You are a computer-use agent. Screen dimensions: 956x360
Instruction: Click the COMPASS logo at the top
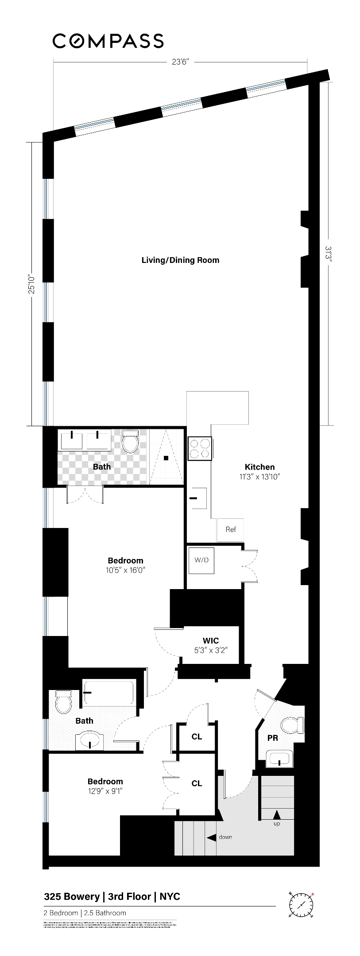pos(108,41)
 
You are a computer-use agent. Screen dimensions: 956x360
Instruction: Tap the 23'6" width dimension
pos(181,62)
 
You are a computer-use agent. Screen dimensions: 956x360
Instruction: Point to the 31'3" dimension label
pos(328,254)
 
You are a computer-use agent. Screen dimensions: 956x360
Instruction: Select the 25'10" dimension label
pos(31,283)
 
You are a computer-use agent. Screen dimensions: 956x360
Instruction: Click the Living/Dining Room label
pos(180,260)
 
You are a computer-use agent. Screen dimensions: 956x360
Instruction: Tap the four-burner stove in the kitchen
pos(200,448)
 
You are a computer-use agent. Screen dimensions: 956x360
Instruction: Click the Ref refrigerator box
pos(231,529)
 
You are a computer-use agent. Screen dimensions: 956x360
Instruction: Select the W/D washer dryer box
pos(201,560)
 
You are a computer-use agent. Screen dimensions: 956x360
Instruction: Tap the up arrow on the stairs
pos(277,814)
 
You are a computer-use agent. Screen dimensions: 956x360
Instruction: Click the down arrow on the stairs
pos(212,837)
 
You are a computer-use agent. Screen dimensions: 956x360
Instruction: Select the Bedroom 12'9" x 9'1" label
pos(105,786)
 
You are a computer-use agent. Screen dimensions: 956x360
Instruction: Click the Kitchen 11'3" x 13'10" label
pos(260,471)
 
